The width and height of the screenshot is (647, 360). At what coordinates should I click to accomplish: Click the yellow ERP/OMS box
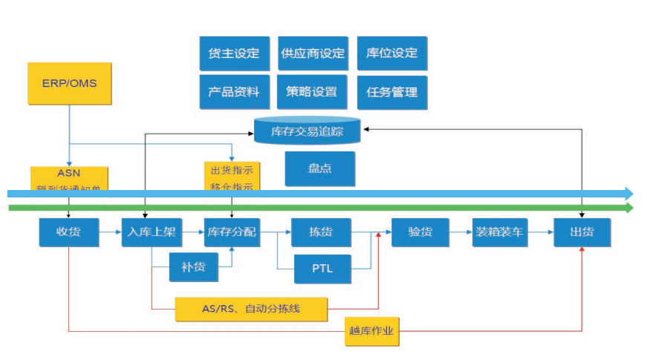coord(69,83)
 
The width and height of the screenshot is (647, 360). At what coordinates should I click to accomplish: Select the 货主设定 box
coord(234,53)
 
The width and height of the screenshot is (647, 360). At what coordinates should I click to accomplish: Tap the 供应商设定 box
coord(313,53)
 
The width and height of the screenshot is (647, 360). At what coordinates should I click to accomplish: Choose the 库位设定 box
coord(392,53)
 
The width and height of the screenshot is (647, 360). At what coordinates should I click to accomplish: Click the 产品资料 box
coord(234,92)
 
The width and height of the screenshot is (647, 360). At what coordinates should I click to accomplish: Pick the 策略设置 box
coord(313,92)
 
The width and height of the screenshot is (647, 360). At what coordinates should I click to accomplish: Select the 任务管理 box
coord(392,92)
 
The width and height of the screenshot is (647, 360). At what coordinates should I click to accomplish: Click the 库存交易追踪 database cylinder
coord(307,131)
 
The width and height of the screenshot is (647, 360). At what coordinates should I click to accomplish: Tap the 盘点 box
coord(319,168)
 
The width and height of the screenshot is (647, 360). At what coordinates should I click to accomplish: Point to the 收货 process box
coord(68,232)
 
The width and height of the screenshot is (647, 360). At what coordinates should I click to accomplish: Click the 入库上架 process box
coord(152,232)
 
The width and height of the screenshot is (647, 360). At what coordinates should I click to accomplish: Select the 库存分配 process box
coord(233,232)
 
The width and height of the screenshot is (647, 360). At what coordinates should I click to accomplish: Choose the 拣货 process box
coord(320,232)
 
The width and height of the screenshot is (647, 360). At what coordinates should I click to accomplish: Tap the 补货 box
coord(193,265)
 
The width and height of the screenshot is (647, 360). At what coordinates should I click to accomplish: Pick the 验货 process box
coord(420,232)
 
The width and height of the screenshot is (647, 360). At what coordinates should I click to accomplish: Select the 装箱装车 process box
coord(500,232)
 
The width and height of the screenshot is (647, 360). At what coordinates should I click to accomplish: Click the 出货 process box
coord(582,232)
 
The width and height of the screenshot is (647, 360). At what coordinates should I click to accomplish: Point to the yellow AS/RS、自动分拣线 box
coord(251,308)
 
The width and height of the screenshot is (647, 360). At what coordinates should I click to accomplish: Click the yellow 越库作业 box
coord(371,331)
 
